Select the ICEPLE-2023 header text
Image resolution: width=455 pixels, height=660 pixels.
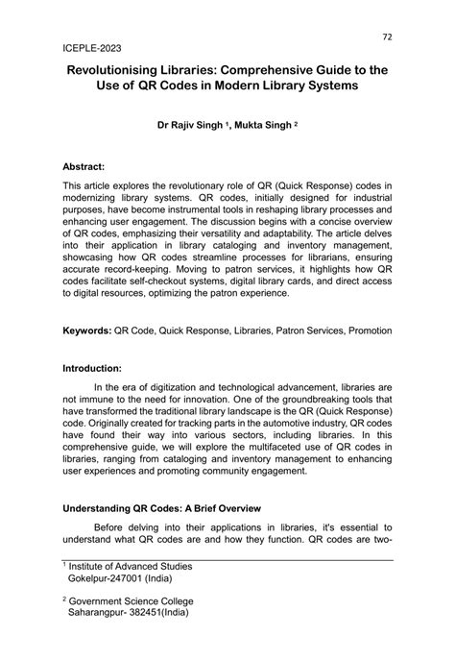point(94,46)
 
